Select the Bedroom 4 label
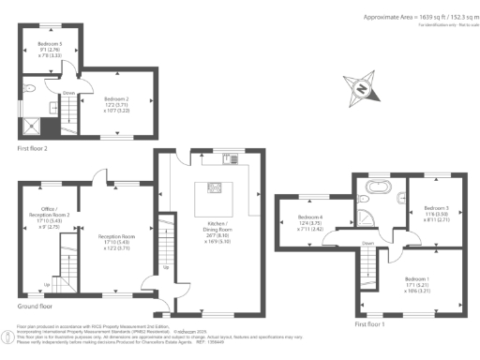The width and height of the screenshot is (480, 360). click(x=307, y=222)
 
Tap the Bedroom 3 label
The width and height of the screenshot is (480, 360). click(x=434, y=212)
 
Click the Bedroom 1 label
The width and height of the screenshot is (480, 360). click(x=418, y=283)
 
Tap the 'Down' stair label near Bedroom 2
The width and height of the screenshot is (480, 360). click(x=68, y=93)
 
